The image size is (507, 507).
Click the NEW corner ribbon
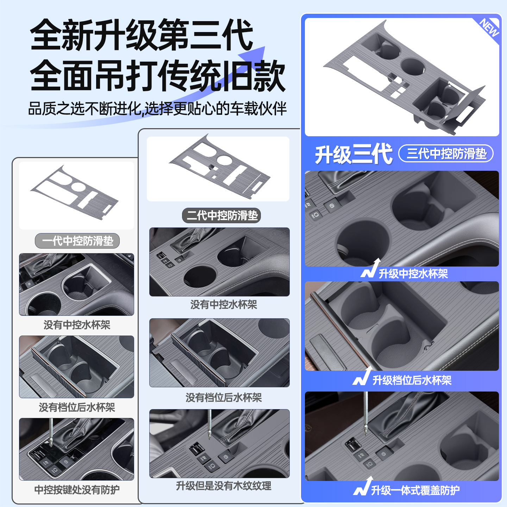point(490,28)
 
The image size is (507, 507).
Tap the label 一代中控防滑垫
point(77,241)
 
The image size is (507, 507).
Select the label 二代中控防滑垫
point(222,215)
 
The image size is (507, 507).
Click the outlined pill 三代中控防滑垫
point(446,154)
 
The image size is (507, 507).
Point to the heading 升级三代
point(353,154)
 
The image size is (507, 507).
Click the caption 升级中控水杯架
point(413,274)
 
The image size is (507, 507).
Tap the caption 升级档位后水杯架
point(412,380)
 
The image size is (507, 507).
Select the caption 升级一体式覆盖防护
point(415,490)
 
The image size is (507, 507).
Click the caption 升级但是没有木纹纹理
point(224,486)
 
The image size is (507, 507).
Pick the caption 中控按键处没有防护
point(77,490)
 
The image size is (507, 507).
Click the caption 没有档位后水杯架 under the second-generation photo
point(224,398)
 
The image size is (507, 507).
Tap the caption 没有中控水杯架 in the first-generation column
point(77,325)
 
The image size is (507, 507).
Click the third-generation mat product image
point(401,77)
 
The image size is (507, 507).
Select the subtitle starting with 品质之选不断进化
point(157,109)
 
